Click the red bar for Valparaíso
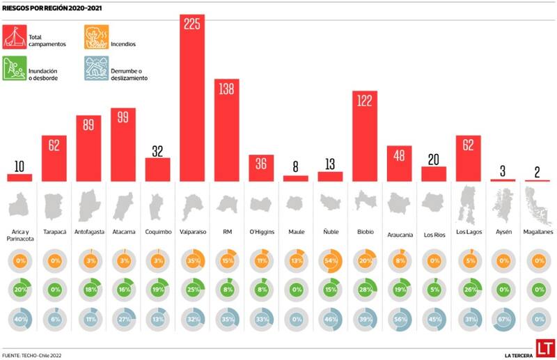click(x=192, y=104)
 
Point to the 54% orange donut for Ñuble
click(x=330, y=262)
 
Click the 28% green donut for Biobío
click(x=365, y=290)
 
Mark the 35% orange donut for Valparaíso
click(x=192, y=262)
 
